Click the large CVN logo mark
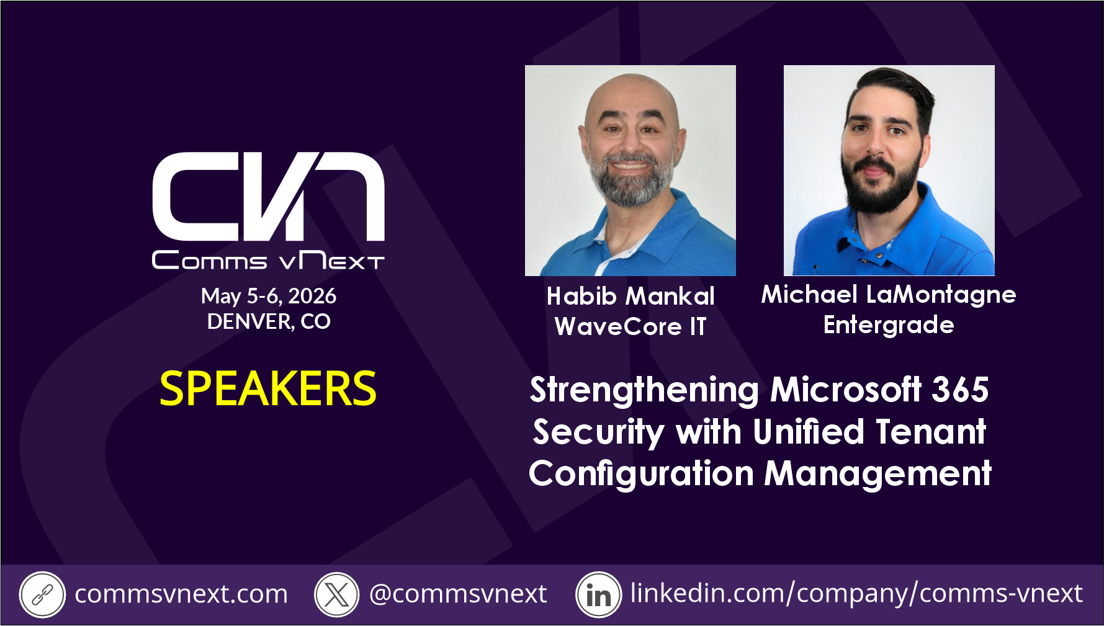click(268, 196)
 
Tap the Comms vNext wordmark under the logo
click(268, 261)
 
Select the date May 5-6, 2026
click(269, 296)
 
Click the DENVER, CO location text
click(269, 321)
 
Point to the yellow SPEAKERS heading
click(268, 389)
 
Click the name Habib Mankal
click(631, 296)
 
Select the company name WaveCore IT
click(631, 326)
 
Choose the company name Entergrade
click(889, 325)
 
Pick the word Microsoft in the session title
click(846, 390)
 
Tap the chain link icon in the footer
click(42, 594)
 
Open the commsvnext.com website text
click(181, 594)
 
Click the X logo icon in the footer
click(337, 594)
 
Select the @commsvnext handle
click(458, 594)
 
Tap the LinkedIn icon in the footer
click(598, 594)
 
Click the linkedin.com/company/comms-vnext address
click(856, 594)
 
